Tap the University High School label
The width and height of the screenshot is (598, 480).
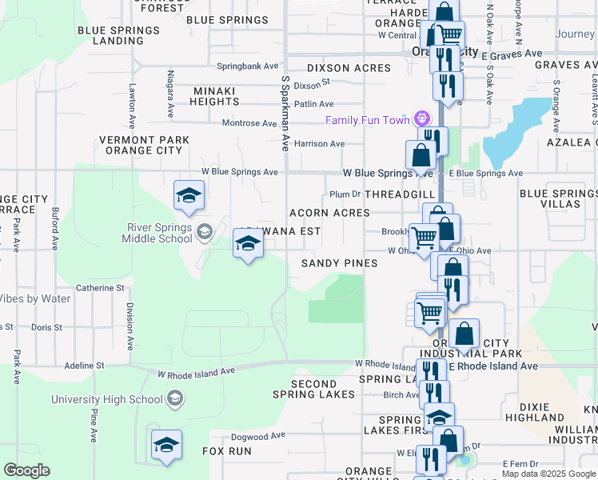pos(107,399)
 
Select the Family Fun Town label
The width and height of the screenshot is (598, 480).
pos(368,120)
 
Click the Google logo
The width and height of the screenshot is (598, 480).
pos(27,470)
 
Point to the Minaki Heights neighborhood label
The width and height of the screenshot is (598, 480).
pos(214,96)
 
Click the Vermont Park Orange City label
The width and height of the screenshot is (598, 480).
pos(144,145)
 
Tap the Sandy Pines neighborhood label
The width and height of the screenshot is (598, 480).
pos(339,263)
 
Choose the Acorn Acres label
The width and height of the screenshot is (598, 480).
pos(329,213)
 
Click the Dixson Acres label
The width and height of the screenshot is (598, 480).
pos(349,68)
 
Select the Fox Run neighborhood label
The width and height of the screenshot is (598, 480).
pos(227,451)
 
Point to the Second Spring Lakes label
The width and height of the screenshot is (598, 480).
pos(313,389)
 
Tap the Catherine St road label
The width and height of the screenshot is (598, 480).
pos(100,287)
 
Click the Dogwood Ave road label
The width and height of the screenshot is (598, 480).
pos(257,436)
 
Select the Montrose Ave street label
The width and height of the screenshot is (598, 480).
pos(249,123)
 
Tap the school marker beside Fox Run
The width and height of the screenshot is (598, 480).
pos(166,446)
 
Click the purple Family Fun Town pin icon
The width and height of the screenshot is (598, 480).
pos(421,120)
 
